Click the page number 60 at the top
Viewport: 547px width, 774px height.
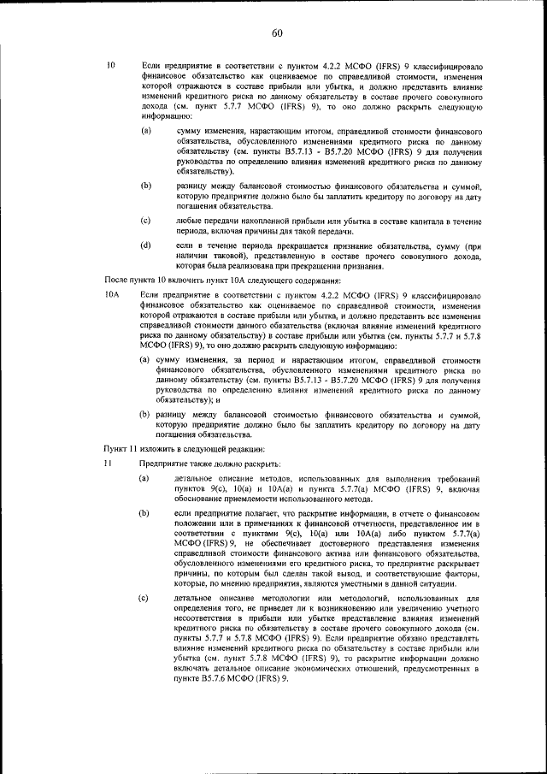point(277,33)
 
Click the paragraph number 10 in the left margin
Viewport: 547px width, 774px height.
point(110,66)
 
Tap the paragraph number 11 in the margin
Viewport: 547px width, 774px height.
point(109,463)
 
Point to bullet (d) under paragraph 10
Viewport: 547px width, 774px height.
point(146,245)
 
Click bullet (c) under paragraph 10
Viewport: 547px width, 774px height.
point(146,221)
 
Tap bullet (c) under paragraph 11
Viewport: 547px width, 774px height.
point(146,599)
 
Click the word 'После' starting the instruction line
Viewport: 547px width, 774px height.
point(118,281)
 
